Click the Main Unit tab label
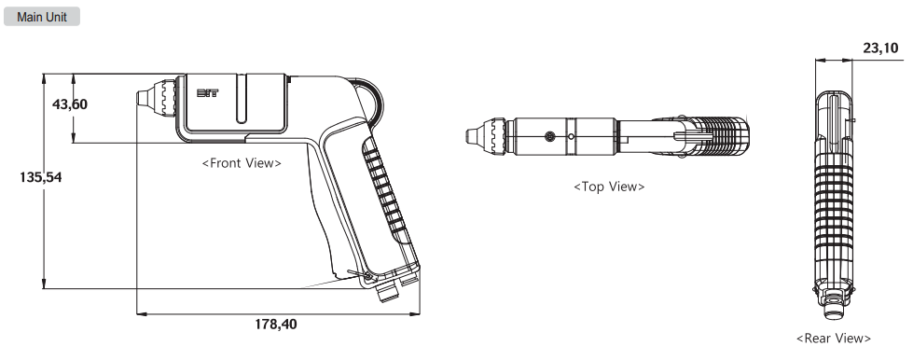[42, 17]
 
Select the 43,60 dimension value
[70, 104]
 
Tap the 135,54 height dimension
[41, 177]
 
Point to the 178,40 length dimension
[275, 324]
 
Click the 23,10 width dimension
[880, 48]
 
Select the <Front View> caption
[242, 163]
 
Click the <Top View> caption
[609, 187]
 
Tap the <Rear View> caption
[833, 339]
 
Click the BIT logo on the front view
[207, 93]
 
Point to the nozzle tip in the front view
[143, 98]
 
